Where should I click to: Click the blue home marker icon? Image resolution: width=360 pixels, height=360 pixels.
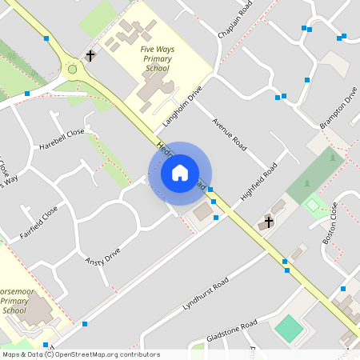coord(180,173)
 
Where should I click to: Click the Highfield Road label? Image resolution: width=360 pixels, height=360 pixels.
coord(258,182)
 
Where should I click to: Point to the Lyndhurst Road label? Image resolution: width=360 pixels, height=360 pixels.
coord(206,294)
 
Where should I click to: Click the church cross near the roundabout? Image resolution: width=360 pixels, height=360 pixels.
coord(90,56)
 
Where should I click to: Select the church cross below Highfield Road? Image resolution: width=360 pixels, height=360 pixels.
coord(269,221)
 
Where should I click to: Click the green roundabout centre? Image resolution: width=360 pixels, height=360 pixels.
coord(73,70)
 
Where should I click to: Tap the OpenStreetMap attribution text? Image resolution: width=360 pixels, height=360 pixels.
coord(81,354)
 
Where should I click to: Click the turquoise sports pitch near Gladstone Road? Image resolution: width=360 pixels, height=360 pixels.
coord(289,327)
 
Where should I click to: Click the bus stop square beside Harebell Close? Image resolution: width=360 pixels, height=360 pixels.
coord(27,94)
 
